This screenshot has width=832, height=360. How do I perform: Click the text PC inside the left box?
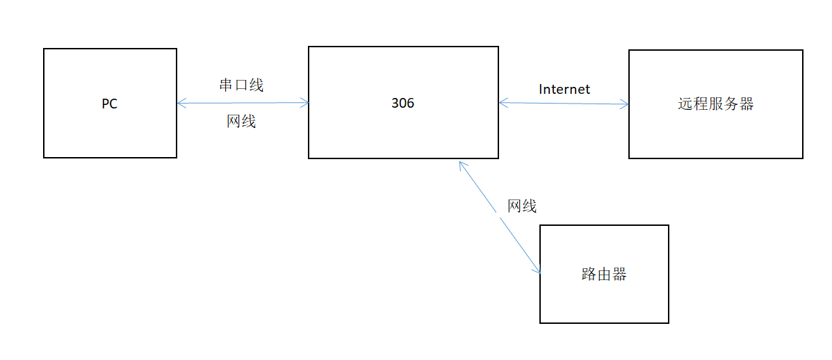coord(109,104)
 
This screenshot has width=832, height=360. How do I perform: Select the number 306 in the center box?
coord(402,103)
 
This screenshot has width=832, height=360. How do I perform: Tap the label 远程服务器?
coord(715,104)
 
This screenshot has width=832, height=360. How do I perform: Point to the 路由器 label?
coord(603,274)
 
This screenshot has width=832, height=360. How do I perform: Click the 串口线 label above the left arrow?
coord(241,85)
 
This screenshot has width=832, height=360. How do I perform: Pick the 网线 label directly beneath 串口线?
coord(241,122)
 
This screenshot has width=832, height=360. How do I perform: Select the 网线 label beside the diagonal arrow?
coord(522,206)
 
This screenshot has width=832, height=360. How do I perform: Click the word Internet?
coord(564,89)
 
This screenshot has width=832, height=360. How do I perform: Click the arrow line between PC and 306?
coord(243,104)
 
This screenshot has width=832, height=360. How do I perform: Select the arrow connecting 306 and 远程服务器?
coord(564,104)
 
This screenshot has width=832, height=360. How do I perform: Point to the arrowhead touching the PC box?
coord(181,104)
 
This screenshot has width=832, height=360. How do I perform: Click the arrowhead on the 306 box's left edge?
coord(305,103)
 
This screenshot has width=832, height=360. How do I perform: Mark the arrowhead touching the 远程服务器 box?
coord(625,104)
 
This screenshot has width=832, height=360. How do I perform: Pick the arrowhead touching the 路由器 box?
coord(537,270)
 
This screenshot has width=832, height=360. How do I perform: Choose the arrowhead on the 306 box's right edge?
coord(503,103)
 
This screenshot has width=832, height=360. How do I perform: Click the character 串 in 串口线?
coord(226,85)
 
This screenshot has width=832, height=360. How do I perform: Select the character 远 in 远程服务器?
coord(685,104)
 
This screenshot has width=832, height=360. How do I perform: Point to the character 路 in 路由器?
coord(588,274)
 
